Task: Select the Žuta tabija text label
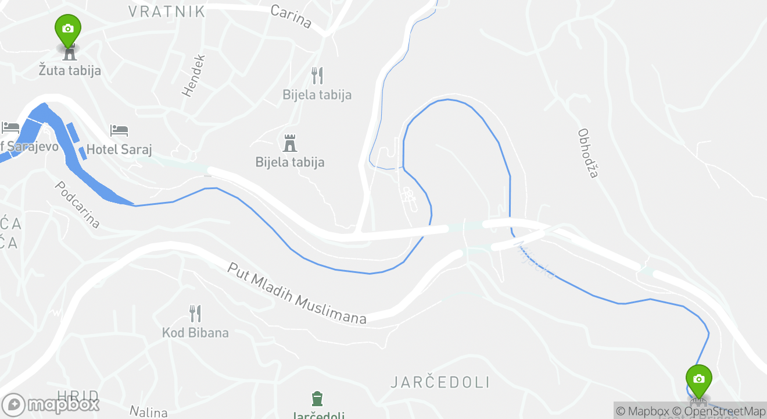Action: point(70,71)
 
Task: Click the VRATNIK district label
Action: point(167,12)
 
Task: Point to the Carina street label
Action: point(292,17)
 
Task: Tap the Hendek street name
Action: point(194,76)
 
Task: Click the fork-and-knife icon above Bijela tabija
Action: point(317,75)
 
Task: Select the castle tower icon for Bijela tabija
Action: point(289,143)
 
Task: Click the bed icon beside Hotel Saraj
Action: point(119,130)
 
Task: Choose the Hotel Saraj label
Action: point(119,150)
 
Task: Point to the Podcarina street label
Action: point(77,204)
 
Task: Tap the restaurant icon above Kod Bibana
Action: point(195,314)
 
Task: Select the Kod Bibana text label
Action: point(195,333)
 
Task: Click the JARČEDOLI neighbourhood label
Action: point(440,382)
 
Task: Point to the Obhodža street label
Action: point(588,153)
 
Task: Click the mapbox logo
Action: point(51,404)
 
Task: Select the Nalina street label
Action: point(149,411)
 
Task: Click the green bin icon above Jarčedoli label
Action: point(317,399)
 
